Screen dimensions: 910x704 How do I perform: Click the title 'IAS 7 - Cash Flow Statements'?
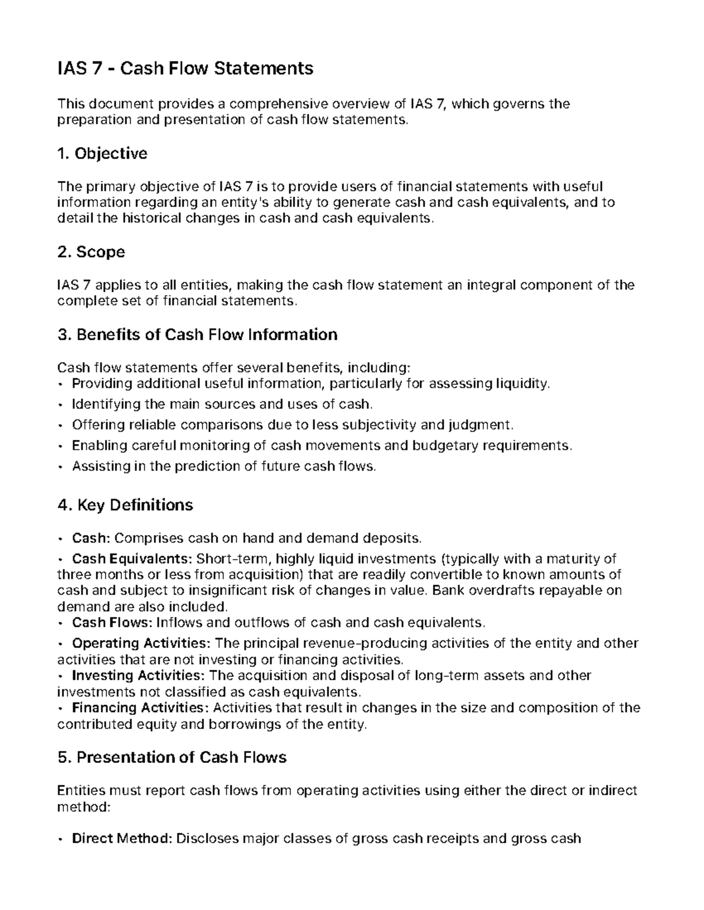pyautogui.click(x=185, y=69)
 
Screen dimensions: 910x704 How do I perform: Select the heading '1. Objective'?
pyautogui.click(x=102, y=154)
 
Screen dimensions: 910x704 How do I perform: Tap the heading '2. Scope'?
pyautogui.click(x=91, y=252)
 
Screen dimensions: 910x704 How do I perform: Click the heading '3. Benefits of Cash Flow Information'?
pyautogui.click(x=197, y=335)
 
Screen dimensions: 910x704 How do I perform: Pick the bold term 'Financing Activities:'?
pyautogui.click(x=140, y=707)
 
